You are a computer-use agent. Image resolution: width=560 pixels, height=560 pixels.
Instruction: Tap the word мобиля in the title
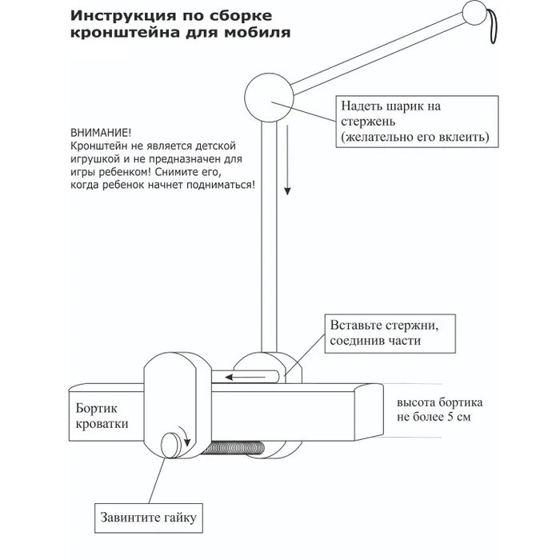260,34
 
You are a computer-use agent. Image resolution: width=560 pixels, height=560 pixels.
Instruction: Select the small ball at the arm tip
474,14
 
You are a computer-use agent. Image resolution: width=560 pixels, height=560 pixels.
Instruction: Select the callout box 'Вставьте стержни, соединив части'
390,334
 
